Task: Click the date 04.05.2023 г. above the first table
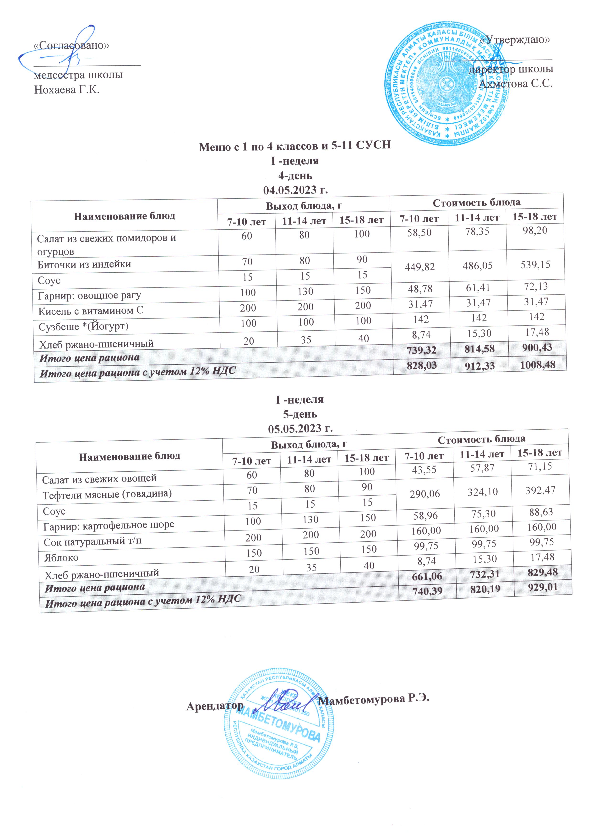click(295, 190)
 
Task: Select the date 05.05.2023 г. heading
click(300, 428)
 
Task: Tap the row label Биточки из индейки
click(84, 264)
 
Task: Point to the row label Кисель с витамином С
click(91, 311)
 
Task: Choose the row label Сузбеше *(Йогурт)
click(84, 326)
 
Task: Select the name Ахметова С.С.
click(515, 84)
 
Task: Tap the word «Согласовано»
click(71, 45)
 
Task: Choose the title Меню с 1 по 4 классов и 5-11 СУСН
click(295, 146)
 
